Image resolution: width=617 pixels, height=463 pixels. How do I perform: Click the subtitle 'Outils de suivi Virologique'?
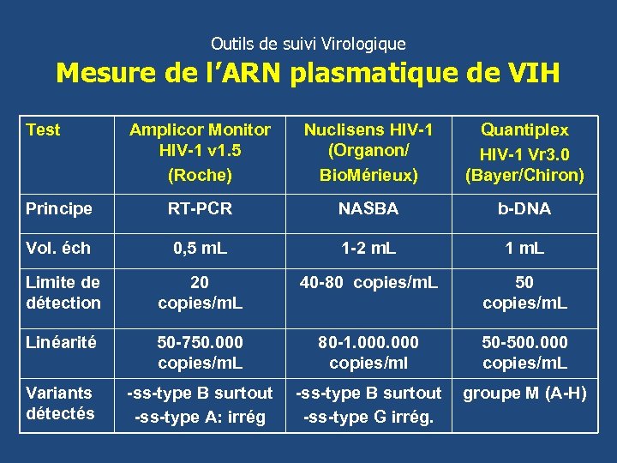coord(308,43)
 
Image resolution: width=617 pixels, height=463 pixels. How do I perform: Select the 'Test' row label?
coord(43,129)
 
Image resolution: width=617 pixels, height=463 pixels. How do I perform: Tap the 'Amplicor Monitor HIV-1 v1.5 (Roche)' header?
coord(200,153)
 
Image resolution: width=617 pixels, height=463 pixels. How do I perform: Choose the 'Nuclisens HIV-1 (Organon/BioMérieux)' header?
coord(368,153)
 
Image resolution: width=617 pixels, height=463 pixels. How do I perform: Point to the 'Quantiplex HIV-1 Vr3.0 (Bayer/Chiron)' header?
coord(524,153)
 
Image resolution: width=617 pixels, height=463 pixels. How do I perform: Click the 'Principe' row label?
coord(59,209)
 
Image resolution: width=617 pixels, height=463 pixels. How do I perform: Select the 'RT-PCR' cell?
coord(200,209)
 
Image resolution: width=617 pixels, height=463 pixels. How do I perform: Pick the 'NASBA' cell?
coord(368,209)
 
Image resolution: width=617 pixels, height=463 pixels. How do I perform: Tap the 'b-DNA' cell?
coord(524,209)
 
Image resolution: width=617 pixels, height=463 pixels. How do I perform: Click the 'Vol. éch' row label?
coord(58,249)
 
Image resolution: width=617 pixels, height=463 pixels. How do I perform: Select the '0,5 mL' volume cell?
coord(200,249)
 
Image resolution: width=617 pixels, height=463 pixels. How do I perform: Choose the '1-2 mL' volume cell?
coord(368,249)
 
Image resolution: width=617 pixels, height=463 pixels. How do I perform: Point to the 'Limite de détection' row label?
coord(63,292)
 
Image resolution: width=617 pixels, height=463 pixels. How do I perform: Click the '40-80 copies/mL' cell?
coord(368,282)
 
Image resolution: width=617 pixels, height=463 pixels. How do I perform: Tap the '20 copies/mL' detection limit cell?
coord(200,292)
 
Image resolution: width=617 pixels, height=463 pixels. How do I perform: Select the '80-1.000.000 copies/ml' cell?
coord(368,352)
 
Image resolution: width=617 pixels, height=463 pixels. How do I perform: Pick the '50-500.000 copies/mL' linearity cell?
coord(524,352)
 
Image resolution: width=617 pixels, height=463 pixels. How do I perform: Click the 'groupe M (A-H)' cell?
coord(524,394)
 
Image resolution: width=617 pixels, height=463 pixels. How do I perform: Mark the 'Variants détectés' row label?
coord(59,403)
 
